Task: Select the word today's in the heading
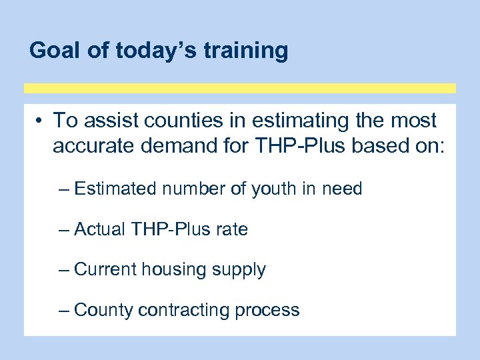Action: pyautogui.click(x=147, y=50)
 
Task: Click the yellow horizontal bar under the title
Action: pyautogui.click(x=240, y=88)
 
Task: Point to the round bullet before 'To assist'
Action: pyautogui.click(x=41, y=121)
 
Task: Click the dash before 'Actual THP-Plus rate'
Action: pyautogui.click(x=64, y=230)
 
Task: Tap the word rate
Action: pyautogui.click(x=232, y=230)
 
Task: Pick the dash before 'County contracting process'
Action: pyautogui.click(x=64, y=310)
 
